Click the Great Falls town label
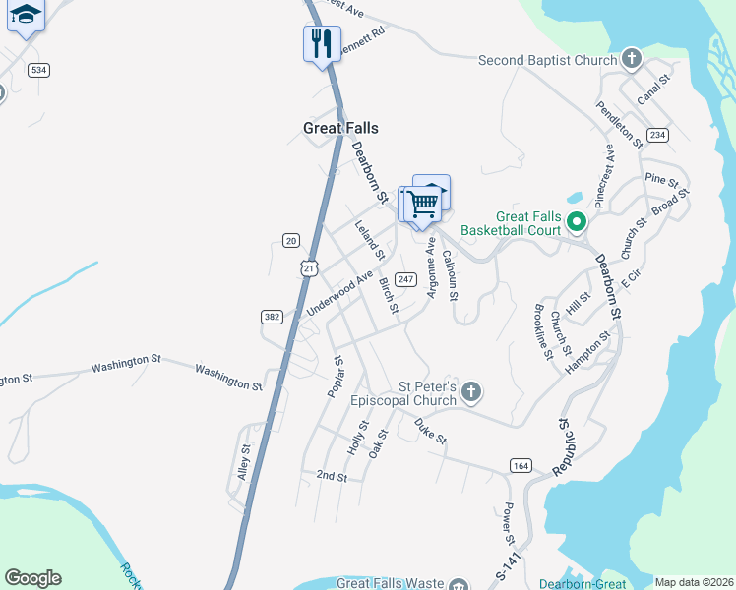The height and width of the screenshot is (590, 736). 340,128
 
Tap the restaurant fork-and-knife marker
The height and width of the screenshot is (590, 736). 321,43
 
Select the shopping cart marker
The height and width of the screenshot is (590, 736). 422,205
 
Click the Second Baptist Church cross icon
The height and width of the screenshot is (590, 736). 631,60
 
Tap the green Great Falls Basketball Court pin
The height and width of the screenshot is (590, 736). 578,222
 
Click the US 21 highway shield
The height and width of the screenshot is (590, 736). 310,267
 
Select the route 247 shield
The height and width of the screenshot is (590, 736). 404,279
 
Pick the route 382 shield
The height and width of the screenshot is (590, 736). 273,316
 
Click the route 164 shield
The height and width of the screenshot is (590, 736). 521,464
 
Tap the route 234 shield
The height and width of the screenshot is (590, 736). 657,134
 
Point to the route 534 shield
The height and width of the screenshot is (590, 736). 38,70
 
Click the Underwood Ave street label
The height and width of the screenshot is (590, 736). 340,293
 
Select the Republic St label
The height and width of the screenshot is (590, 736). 562,448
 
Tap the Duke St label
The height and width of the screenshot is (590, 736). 431,430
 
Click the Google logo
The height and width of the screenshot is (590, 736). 32,577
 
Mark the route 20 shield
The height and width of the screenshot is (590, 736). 290,240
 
